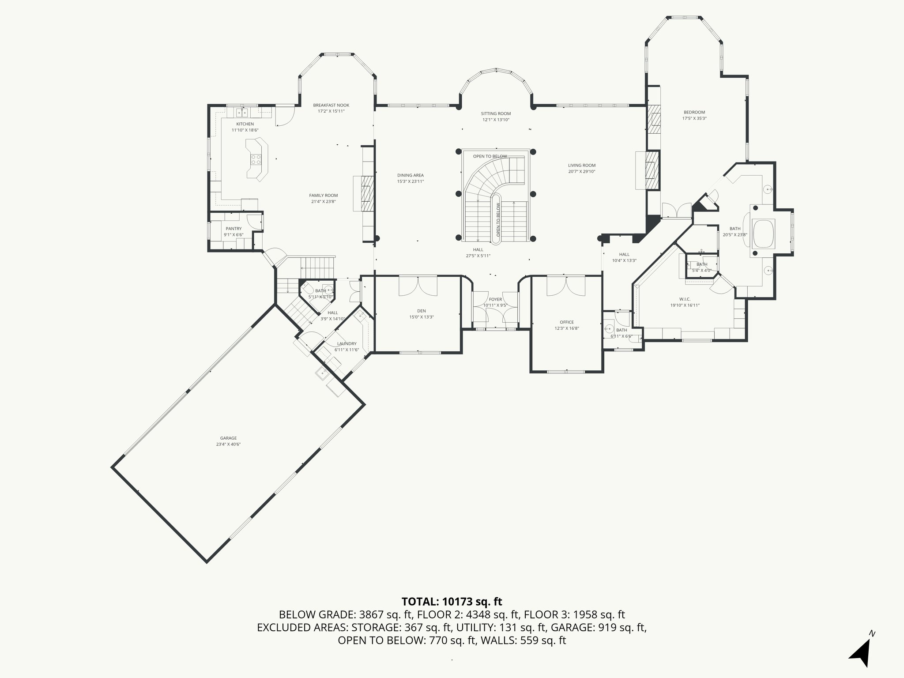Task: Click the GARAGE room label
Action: tap(229, 438)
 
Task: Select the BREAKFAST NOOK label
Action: tap(331, 105)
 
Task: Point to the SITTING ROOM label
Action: tap(496, 113)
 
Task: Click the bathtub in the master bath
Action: tap(764, 234)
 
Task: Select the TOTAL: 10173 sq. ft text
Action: tap(452, 601)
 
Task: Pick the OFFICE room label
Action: tap(567, 322)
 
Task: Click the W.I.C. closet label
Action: tap(685, 299)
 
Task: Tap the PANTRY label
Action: tap(234, 229)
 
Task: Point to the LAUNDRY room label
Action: tap(347, 343)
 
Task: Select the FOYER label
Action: tap(495, 299)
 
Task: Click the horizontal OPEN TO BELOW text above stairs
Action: tap(490, 156)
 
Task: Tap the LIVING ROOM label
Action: tap(582, 166)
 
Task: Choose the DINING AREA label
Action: tap(411, 175)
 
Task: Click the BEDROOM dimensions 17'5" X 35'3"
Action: tap(694, 118)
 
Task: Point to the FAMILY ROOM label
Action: tap(324, 196)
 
